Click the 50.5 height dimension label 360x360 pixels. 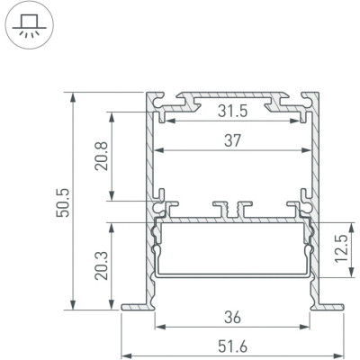64,202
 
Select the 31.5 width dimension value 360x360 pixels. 233,112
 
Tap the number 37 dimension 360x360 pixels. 233,140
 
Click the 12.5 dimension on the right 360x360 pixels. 341,248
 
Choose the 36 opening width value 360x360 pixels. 233,318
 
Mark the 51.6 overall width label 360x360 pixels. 233,347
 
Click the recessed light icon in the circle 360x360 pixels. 29,26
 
